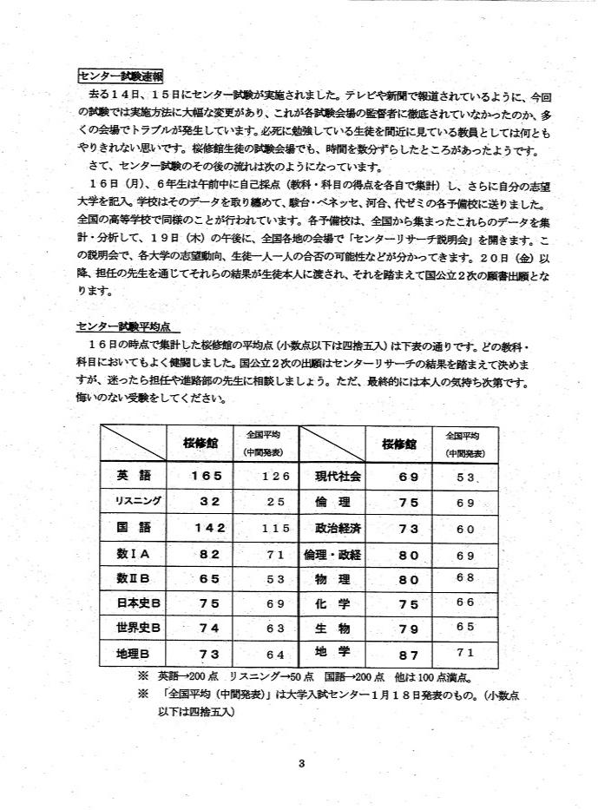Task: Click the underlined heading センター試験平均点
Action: click(128, 327)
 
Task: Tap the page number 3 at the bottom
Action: click(299, 764)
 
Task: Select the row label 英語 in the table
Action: click(133, 476)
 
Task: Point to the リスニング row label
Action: click(133, 501)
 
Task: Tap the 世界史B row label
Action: click(133, 627)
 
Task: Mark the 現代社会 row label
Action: click(332, 476)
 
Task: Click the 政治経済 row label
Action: click(332, 527)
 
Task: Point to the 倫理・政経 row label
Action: click(332, 553)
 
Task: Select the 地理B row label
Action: click(133, 653)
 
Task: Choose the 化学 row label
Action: click(332, 603)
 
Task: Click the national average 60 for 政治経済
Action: click(466, 528)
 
